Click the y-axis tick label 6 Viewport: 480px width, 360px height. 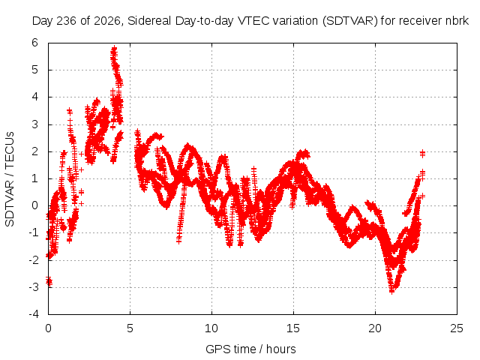35,43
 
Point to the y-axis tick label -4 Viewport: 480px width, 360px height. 34,314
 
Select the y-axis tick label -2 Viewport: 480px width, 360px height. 34,260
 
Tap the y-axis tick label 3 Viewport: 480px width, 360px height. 35,124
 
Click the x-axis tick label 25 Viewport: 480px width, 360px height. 457,328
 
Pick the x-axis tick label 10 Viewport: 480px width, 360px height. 211,328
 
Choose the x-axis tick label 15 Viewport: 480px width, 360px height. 293,328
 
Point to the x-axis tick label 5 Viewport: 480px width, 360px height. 130,328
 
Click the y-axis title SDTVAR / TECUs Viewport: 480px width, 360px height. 10,179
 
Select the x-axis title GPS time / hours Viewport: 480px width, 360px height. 250,349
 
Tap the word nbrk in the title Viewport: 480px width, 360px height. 457,21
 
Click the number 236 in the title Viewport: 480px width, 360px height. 67,21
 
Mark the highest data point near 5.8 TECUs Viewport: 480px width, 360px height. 114,48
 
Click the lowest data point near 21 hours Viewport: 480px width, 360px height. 391,291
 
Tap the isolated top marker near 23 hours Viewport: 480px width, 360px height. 422,153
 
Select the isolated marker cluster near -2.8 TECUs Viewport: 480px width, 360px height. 49,281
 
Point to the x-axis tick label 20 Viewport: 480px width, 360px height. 375,328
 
